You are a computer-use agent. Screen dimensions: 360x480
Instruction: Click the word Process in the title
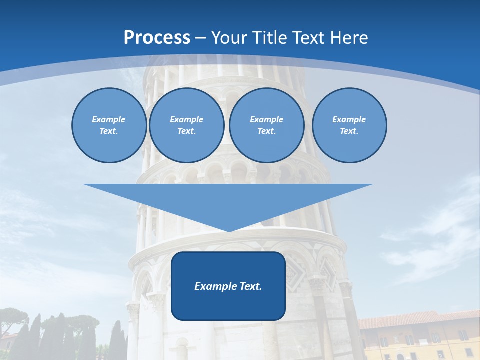tap(157, 38)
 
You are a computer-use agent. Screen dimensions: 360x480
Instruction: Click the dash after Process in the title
tap(201, 38)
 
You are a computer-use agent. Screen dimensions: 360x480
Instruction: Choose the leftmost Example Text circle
tap(109, 125)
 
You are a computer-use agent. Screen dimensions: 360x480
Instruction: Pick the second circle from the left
tap(186, 125)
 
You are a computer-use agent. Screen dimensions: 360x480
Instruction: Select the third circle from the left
tap(266, 125)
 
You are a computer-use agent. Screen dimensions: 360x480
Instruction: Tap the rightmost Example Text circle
tap(349, 125)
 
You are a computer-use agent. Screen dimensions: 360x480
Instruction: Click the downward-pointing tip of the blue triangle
tap(228, 231)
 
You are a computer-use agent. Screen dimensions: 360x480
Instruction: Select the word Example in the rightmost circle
tap(349, 119)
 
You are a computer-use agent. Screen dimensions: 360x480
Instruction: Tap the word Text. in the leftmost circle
tap(109, 131)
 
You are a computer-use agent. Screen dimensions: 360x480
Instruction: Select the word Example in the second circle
tap(186, 119)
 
